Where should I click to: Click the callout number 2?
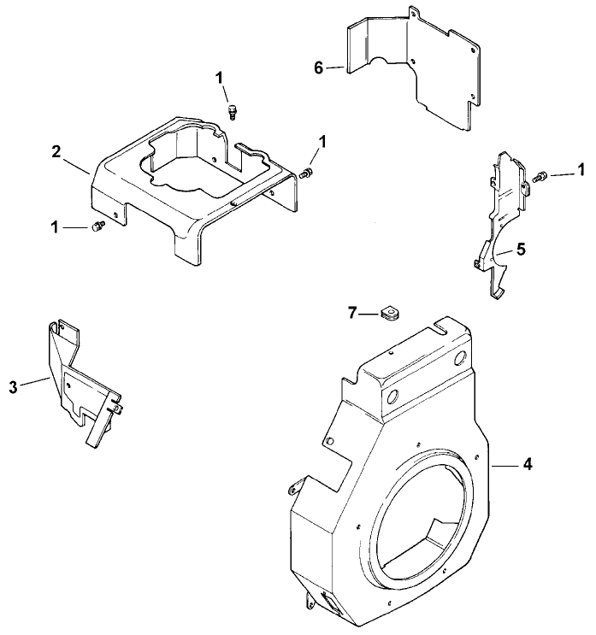point(56,151)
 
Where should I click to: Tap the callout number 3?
point(12,387)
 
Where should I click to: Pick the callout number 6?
point(318,68)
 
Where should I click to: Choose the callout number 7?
point(351,315)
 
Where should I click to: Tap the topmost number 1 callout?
point(220,78)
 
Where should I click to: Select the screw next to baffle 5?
point(540,176)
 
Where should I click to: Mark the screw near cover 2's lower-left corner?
point(97,226)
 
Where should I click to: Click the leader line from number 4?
point(505,465)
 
